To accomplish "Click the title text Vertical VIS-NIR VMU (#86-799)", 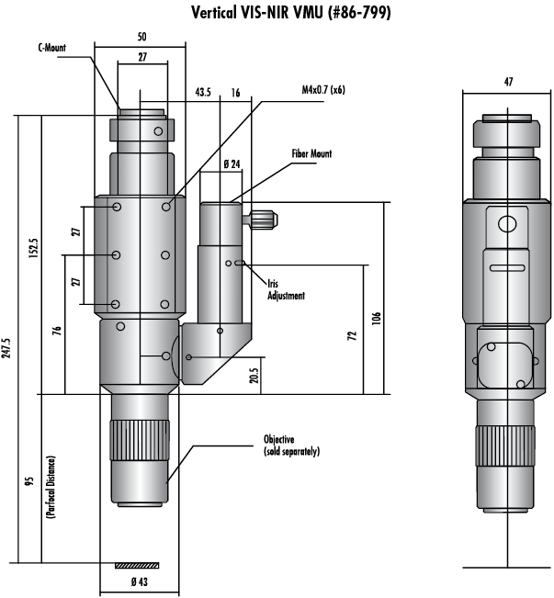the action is pos(290,13).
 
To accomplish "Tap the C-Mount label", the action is pos(51,48).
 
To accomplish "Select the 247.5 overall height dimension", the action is pos(6,348).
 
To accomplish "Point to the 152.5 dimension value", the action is pos(34,248).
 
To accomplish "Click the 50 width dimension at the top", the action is pos(141,37).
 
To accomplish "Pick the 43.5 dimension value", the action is pos(203,92).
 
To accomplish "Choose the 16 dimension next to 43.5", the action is pos(236,93).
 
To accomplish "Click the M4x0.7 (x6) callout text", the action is pos(323,90).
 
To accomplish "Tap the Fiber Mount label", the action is pos(311,153).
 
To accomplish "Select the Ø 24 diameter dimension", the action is pos(232,164).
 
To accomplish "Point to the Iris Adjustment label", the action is pos(286,290).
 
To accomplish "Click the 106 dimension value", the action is pos(376,318).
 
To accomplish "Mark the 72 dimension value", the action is pos(352,335).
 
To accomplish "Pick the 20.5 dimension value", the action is pos(254,376).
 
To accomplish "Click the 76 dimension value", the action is pos(56,331).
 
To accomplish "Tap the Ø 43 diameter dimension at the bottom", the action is pos(140,582).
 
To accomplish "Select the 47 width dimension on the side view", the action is pos(509,82).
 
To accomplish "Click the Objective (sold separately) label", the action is pos(291,446).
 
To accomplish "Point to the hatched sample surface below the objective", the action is pos(137,565).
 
